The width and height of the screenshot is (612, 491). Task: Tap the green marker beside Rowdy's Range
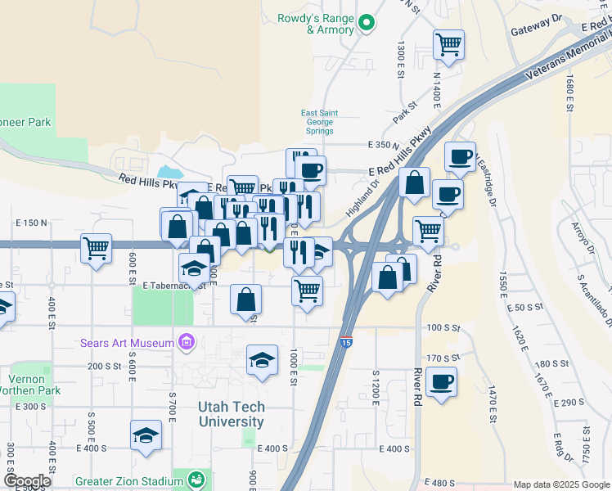click(x=367, y=23)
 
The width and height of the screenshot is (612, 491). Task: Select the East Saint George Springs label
click(x=319, y=122)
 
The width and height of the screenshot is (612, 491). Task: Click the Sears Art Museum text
click(x=127, y=342)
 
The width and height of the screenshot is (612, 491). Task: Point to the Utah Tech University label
click(x=232, y=414)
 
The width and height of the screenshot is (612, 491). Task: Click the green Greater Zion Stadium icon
click(x=196, y=480)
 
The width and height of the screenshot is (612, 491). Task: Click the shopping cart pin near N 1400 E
click(x=448, y=45)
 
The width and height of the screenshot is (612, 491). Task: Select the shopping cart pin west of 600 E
click(x=96, y=248)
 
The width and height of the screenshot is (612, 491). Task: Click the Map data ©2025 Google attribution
click(x=560, y=484)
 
